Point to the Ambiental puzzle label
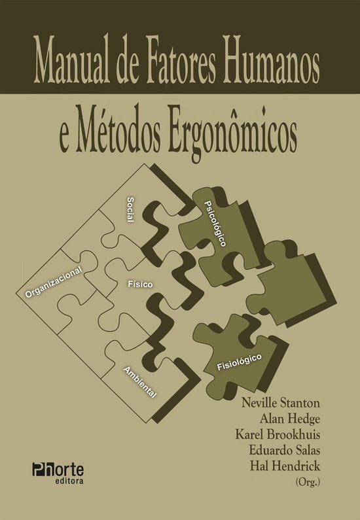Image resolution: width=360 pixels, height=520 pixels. [x=139, y=383]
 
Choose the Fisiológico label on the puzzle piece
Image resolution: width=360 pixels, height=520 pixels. [x=240, y=362]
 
